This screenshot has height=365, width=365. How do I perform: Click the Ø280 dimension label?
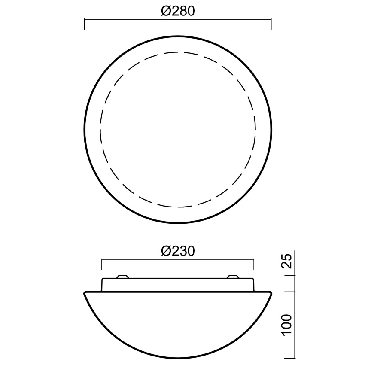pyautogui.click(x=178, y=11)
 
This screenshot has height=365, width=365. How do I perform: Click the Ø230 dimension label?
pyautogui.click(x=178, y=251)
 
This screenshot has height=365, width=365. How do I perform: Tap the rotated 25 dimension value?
pyautogui.click(x=286, y=261)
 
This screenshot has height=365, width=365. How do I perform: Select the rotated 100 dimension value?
pyautogui.click(x=286, y=325)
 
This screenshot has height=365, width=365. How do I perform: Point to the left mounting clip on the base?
pyautogui.click(x=122, y=277)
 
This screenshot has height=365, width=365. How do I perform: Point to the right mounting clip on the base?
pyautogui.click(x=233, y=277)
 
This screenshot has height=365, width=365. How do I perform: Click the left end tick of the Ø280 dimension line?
pyautogui.click(x=84, y=24)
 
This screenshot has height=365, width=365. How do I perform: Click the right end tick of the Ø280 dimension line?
pyautogui.click(x=271, y=24)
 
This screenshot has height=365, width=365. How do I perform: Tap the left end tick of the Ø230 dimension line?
pyautogui.click(x=102, y=264)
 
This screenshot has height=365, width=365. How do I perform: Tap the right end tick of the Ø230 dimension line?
pyautogui.click(x=254, y=264)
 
